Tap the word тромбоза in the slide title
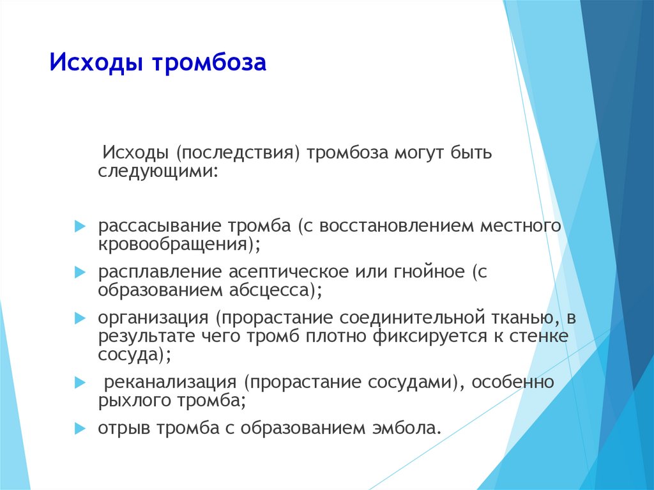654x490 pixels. tap(209, 63)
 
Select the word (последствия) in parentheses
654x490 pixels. tap(238, 153)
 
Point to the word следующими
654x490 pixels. tap(158, 172)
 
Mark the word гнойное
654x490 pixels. tap(429, 272)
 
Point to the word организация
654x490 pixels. tap(153, 318)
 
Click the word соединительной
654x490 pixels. tap(412, 318)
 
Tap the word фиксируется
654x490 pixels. tap(430, 336)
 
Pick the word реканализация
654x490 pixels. tap(170, 382)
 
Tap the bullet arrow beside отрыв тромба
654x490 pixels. tap(80, 428)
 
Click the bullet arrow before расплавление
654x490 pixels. tap(80, 273)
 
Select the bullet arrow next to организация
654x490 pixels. tap(80, 318)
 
